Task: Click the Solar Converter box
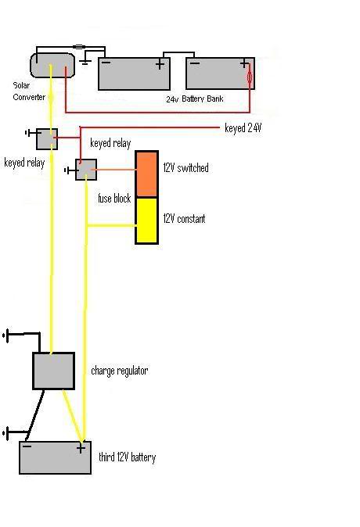coord(52,65)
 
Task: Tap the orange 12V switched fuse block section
coord(146,174)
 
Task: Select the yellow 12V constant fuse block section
coord(146,220)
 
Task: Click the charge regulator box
coord(53,371)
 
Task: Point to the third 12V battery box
coord(56,457)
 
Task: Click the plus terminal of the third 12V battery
coord(81,448)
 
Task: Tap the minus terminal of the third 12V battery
coord(27,446)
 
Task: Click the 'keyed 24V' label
coord(243,128)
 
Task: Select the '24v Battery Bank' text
coord(195,99)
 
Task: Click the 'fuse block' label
coord(114,199)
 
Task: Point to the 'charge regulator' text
coord(120,371)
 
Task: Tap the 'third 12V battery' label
coord(128,457)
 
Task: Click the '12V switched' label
coord(185,167)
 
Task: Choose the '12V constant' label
coord(184,219)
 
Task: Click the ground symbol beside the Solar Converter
coord(85,59)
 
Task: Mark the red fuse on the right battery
coord(250,78)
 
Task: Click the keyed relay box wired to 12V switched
coord(86,170)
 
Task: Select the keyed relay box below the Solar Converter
coord(47,139)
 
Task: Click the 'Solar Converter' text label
coord(29,91)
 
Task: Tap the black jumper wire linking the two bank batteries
coord(179,52)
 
